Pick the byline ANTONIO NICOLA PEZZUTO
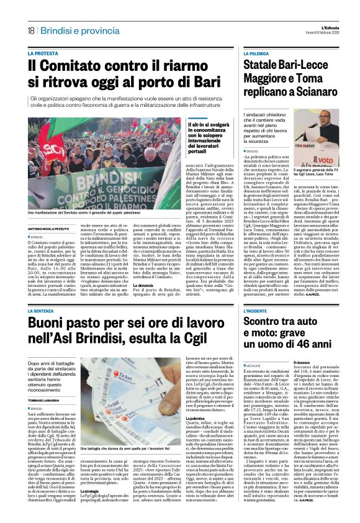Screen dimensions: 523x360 [48, 229]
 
